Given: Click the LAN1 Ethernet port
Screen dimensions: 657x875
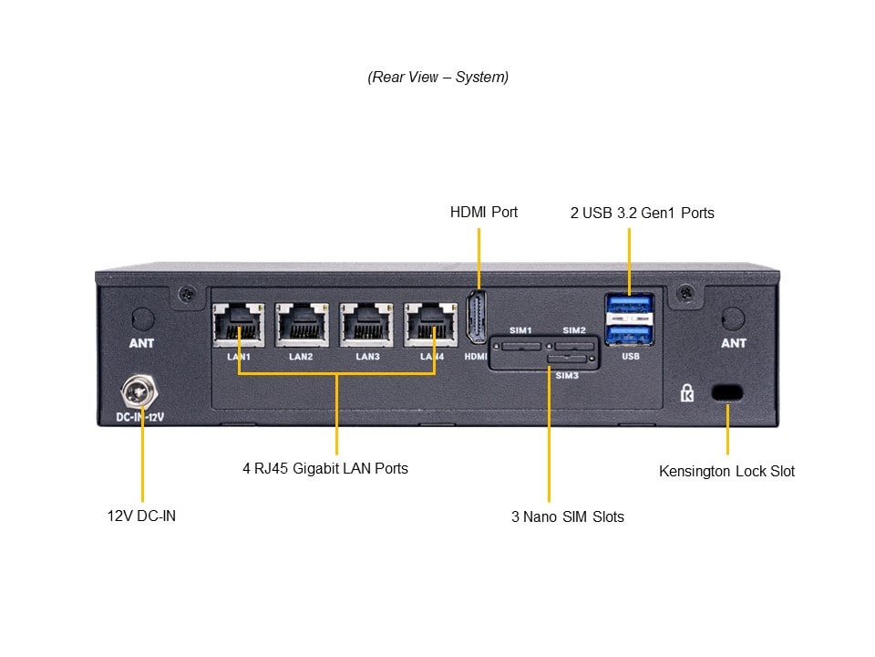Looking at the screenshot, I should click(239, 322).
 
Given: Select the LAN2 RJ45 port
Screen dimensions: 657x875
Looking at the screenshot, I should click(302, 322).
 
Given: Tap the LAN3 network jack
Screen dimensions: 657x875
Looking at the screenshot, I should click(366, 322).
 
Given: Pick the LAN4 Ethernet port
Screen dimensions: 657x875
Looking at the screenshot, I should click(430, 322).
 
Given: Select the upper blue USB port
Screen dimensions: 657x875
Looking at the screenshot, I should click(629, 305).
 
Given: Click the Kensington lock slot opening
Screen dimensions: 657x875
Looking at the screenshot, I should click(726, 392).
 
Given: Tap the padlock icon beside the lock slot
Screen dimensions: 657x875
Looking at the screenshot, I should click(687, 393).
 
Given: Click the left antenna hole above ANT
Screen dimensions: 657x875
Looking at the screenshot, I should click(142, 319).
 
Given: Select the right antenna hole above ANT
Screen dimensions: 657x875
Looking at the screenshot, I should click(733, 319).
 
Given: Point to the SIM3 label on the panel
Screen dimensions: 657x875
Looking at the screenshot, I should click(567, 375).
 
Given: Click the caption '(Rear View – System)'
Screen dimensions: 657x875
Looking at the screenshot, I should click(437, 78).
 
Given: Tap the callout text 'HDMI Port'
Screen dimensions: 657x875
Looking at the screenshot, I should click(483, 212).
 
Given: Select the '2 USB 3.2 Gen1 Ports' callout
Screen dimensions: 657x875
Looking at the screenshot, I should click(642, 213).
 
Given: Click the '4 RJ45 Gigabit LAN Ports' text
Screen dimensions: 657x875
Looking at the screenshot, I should click(324, 468).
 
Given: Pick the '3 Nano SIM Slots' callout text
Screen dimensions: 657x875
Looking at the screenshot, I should click(567, 516).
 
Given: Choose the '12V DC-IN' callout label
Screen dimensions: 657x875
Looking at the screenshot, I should click(141, 516).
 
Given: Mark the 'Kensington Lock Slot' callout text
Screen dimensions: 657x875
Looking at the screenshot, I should click(726, 471).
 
